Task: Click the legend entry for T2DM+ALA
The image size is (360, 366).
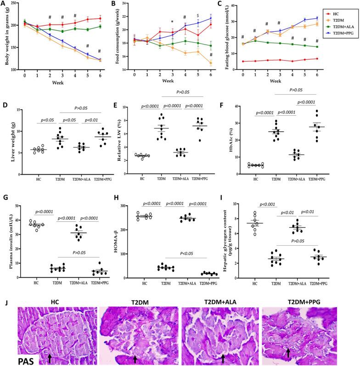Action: click(341, 27)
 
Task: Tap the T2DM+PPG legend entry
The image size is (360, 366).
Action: click(341, 33)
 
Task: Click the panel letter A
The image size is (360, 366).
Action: click(3, 4)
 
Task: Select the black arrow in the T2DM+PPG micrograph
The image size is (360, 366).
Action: click(288, 352)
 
